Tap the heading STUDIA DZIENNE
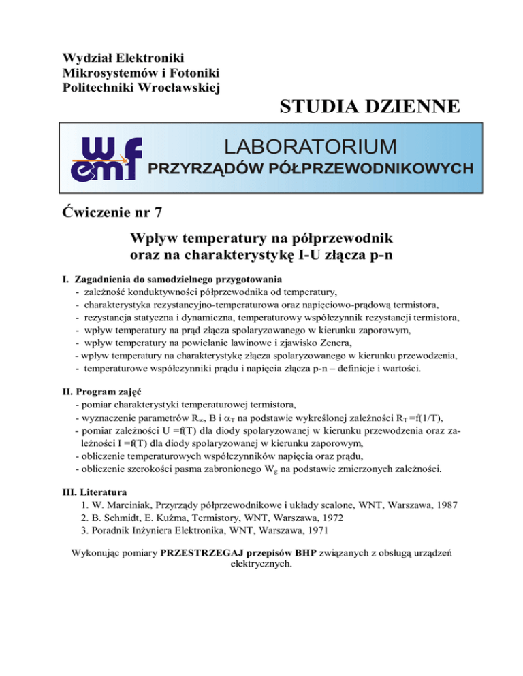369,107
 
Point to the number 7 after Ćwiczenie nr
158,212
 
